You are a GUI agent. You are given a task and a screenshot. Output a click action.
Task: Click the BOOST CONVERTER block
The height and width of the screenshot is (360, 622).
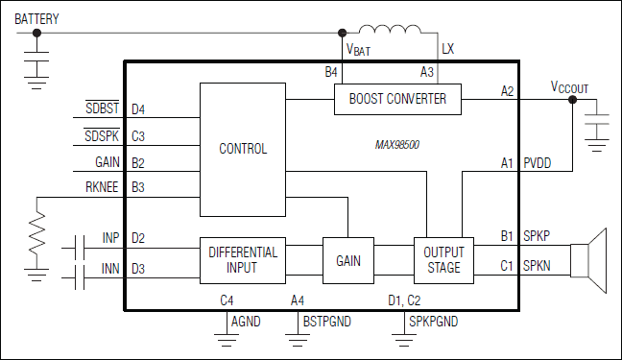click(x=396, y=99)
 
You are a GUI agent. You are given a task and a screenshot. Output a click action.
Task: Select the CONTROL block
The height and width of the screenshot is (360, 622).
click(x=242, y=149)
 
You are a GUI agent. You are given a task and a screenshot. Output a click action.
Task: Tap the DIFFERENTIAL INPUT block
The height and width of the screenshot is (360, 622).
click(x=242, y=260)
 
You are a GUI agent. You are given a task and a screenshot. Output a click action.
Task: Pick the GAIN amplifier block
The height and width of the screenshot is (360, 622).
click(x=347, y=260)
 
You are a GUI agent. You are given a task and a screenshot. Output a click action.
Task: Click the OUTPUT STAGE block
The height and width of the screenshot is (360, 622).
click(x=443, y=260)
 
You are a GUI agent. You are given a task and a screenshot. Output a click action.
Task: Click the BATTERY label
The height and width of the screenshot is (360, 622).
click(x=36, y=17)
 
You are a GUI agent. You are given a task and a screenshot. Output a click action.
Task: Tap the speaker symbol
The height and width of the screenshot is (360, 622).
click(x=589, y=259)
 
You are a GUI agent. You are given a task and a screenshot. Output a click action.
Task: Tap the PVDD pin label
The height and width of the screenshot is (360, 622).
click(x=537, y=163)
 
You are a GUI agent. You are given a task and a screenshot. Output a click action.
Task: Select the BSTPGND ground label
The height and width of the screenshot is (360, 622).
click(x=326, y=322)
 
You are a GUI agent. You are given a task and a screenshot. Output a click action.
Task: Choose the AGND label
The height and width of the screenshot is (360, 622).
click(x=248, y=322)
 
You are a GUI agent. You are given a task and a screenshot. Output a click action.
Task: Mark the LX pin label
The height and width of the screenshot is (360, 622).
click(x=448, y=48)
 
